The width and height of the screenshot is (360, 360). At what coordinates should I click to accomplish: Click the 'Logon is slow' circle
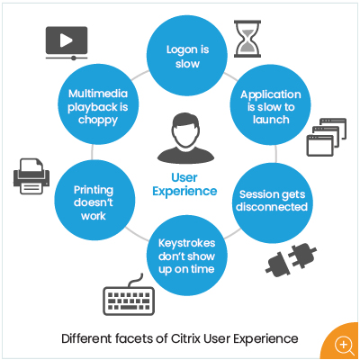point(187,56)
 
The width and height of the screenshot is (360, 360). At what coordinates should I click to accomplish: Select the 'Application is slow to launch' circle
point(270,105)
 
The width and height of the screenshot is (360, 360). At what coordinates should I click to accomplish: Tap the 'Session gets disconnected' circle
point(273,203)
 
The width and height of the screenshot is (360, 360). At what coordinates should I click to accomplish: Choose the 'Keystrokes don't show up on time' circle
point(187,256)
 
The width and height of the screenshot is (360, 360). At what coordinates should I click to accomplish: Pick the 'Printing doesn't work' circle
point(94,200)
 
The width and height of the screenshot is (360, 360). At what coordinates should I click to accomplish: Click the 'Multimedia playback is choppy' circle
point(98,104)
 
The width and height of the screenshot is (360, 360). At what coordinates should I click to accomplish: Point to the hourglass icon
point(247,39)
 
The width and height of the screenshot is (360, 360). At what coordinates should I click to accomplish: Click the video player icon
point(67,43)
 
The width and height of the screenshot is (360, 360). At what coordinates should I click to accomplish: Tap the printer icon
point(31,176)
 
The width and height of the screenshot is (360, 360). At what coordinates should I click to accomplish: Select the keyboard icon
point(129,298)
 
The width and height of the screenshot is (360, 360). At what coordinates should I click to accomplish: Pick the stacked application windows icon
point(327,137)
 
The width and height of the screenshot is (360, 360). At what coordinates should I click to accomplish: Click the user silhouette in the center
point(186,138)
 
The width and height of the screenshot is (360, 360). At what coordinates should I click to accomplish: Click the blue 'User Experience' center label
point(184,184)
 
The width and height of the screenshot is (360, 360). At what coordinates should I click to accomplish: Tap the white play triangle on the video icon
point(66,40)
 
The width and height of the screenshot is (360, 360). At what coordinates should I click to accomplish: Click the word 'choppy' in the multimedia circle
point(98,121)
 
